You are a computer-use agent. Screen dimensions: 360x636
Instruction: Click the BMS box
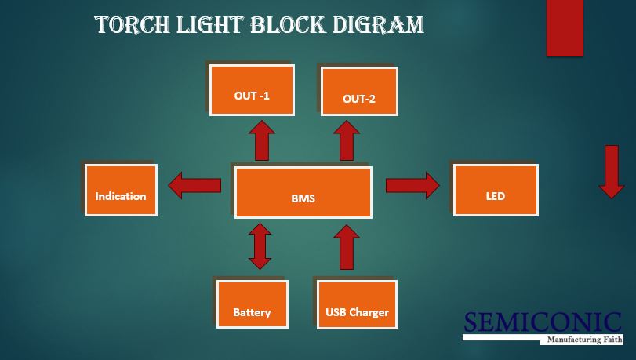coord(303,191)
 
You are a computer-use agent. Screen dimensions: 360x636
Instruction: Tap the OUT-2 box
coord(359,92)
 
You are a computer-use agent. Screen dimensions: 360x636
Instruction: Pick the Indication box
coord(121,190)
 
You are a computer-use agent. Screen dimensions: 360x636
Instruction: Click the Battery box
coord(252,304)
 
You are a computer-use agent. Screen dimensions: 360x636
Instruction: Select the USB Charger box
coord(357,304)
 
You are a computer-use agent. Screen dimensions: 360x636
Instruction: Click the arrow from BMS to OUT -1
coord(261,140)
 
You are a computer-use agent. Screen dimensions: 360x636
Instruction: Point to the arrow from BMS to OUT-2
coord(345,140)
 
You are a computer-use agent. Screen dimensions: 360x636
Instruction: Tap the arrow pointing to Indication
coord(195,186)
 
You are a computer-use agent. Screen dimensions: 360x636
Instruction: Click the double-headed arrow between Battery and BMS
coord(260,246)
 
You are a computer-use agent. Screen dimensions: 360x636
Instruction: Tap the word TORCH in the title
coord(129,25)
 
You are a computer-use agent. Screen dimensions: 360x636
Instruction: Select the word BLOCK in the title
coord(286,25)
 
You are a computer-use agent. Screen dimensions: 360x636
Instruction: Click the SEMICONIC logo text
coord(543,322)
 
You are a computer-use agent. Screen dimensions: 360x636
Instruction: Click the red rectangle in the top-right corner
coord(565,28)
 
